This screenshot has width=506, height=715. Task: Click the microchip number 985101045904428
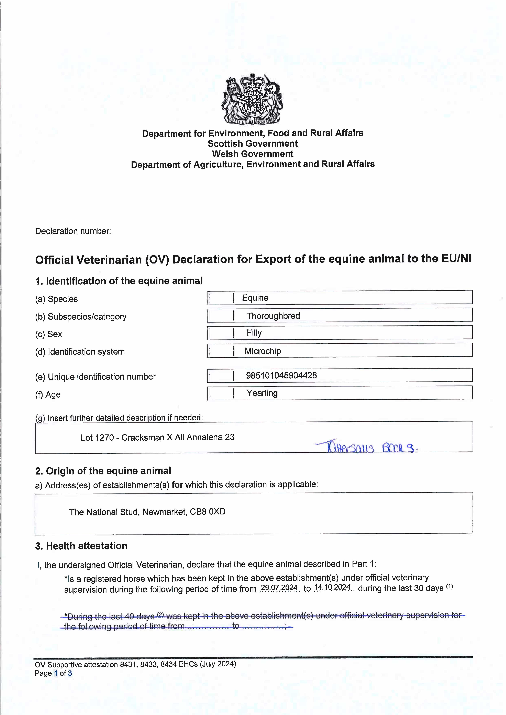point(281,375)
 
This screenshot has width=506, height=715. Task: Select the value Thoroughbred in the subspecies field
point(273,316)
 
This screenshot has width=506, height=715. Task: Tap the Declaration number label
point(73,231)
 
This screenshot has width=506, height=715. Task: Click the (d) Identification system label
point(80,352)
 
